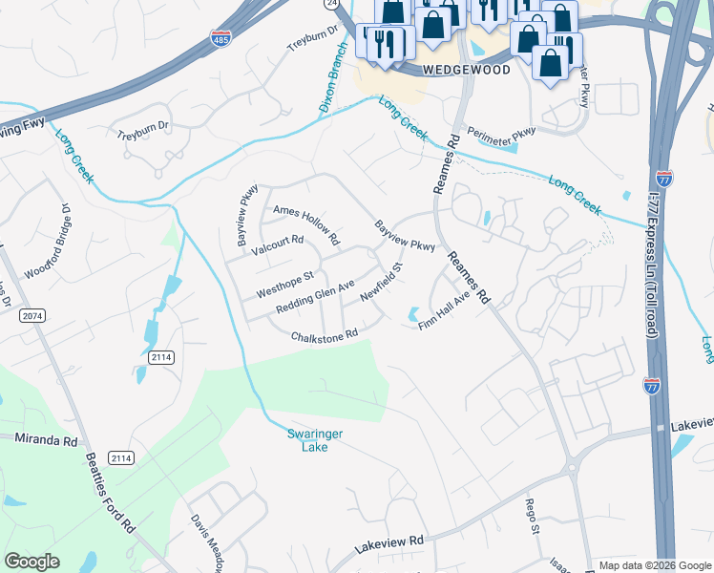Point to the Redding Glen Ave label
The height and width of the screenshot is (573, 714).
coord(315,298)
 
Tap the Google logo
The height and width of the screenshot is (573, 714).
coord(31,562)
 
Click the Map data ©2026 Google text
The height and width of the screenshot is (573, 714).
coord(654,565)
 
